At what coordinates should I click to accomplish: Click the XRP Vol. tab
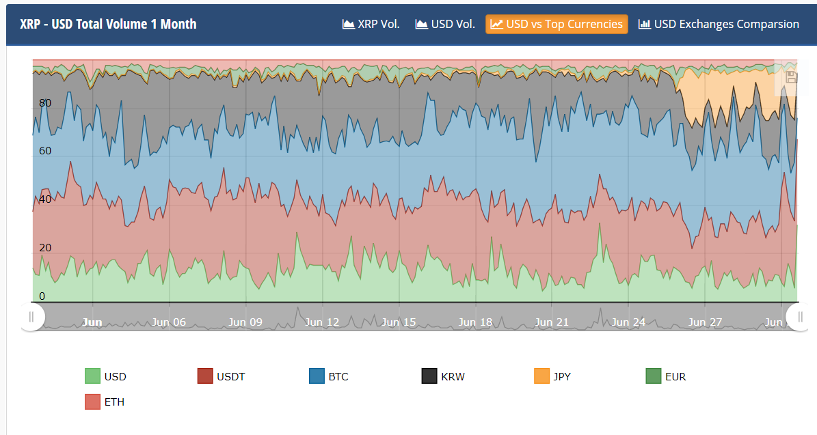[371, 24]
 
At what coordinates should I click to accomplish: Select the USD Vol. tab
[445, 24]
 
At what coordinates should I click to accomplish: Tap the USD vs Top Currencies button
[557, 24]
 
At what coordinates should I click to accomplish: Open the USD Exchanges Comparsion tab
[719, 24]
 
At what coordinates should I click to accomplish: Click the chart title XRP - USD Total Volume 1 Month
[108, 24]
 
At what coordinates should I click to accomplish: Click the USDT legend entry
[221, 376]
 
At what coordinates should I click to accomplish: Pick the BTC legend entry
[328, 376]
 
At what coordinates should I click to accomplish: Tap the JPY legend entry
[553, 376]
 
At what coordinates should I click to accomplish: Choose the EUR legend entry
[666, 376]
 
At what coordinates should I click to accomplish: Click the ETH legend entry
[105, 402]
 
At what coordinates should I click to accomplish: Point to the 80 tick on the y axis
[45, 103]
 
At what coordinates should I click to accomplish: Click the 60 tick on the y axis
[45, 151]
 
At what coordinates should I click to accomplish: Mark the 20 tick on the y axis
[45, 248]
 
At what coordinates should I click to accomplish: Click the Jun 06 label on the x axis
[169, 322]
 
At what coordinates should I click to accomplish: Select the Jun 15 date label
[399, 322]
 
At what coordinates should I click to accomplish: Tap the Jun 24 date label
[628, 322]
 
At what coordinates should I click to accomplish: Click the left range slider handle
[31, 317]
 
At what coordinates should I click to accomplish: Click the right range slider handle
[799, 317]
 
